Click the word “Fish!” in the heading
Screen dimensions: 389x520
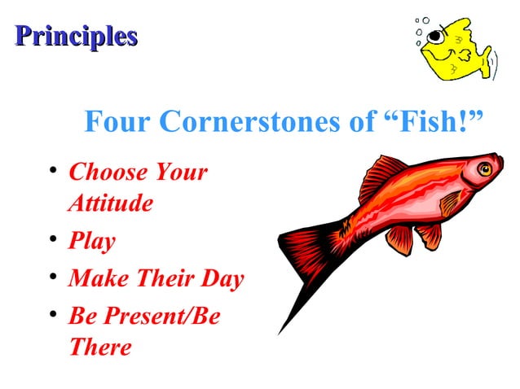[431, 122]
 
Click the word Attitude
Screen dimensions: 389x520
[110, 203]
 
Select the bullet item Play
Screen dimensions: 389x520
[91, 242]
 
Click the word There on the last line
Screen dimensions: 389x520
[99, 347]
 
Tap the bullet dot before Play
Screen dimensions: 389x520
[53, 241]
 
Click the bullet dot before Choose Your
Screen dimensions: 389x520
[53, 172]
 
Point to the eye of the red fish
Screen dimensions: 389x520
[484, 169]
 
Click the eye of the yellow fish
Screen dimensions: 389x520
[438, 35]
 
